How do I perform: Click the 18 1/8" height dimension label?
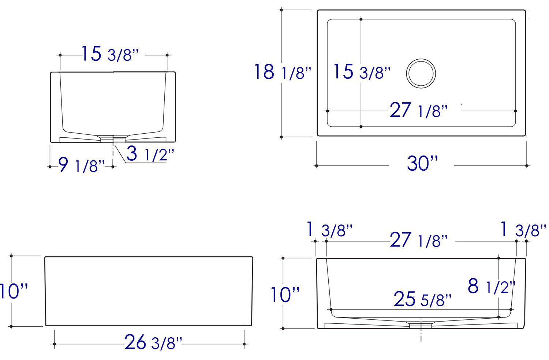(283, 72)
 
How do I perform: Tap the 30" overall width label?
(422, 163)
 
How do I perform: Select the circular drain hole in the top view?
(421, 73)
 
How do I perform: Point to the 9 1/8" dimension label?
(81, 165)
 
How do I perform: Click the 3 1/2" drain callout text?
(150, 154)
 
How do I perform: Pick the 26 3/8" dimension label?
(153, 343)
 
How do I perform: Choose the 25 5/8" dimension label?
(422, 300)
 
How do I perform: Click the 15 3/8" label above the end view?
(110, 54)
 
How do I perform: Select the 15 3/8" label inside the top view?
(361, 72)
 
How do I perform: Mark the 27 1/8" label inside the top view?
(418, 110)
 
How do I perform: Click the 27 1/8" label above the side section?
(418, 240)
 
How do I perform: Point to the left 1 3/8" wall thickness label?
(329, 230)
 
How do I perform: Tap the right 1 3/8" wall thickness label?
(523, 230)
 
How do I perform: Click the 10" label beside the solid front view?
(14, 292)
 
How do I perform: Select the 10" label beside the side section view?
(285, 295)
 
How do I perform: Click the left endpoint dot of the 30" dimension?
(317, 166)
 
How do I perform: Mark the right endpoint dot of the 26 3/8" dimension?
(244, 344)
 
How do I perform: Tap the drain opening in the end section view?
(113, 138)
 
